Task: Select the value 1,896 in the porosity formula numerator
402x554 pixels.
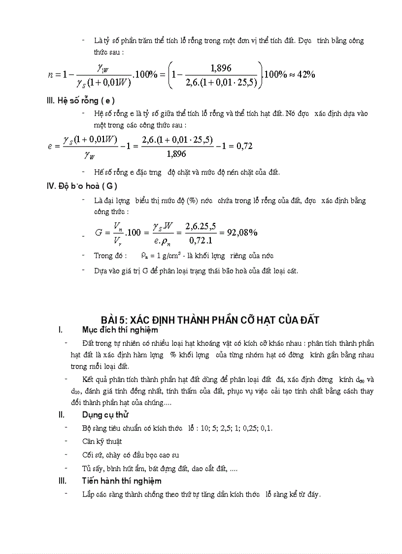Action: click(x=220, y=68)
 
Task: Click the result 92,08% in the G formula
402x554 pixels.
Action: click(x=242, y=232)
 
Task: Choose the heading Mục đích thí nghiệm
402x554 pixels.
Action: click(x=120, y=330)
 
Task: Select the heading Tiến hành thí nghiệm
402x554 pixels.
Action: click(x=122, y=480)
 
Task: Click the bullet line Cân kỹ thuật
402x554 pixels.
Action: click(x=102, y=441)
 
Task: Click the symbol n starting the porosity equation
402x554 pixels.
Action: click(x=50, y=75)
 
